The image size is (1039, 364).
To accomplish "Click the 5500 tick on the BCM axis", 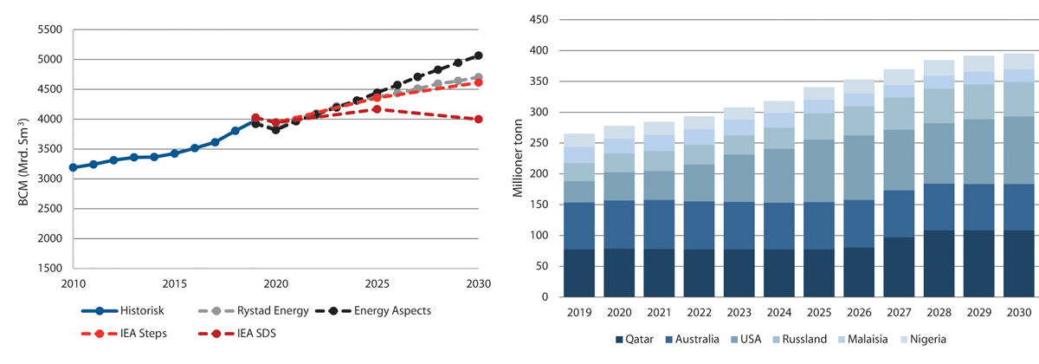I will (x=50, y=29).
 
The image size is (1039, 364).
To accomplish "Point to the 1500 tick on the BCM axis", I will (x=50, y=268).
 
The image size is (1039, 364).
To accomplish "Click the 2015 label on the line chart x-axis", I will (x=175, y=283).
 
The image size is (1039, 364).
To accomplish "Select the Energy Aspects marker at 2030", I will (x=479, y=55).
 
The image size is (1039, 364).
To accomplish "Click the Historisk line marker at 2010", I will (x=74, y=167).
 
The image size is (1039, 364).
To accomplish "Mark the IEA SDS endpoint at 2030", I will (x=479, y=120).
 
